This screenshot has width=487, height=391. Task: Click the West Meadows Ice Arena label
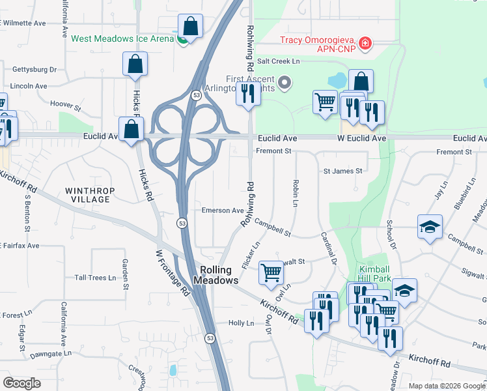coord(122,38)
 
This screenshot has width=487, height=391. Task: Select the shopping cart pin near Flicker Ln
coord(270,272)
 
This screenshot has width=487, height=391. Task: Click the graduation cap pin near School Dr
coord(430,227)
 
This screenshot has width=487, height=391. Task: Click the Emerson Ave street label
coord(223,210)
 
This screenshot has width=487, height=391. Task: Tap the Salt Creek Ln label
coord(277,61)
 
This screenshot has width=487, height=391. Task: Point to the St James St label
coord(342,171)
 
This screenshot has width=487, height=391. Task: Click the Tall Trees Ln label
coord(95,278)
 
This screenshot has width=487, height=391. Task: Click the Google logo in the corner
coord(21,383)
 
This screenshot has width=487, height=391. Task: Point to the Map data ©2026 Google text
coord(446,386)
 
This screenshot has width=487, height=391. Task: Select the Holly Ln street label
coord(240,323)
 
